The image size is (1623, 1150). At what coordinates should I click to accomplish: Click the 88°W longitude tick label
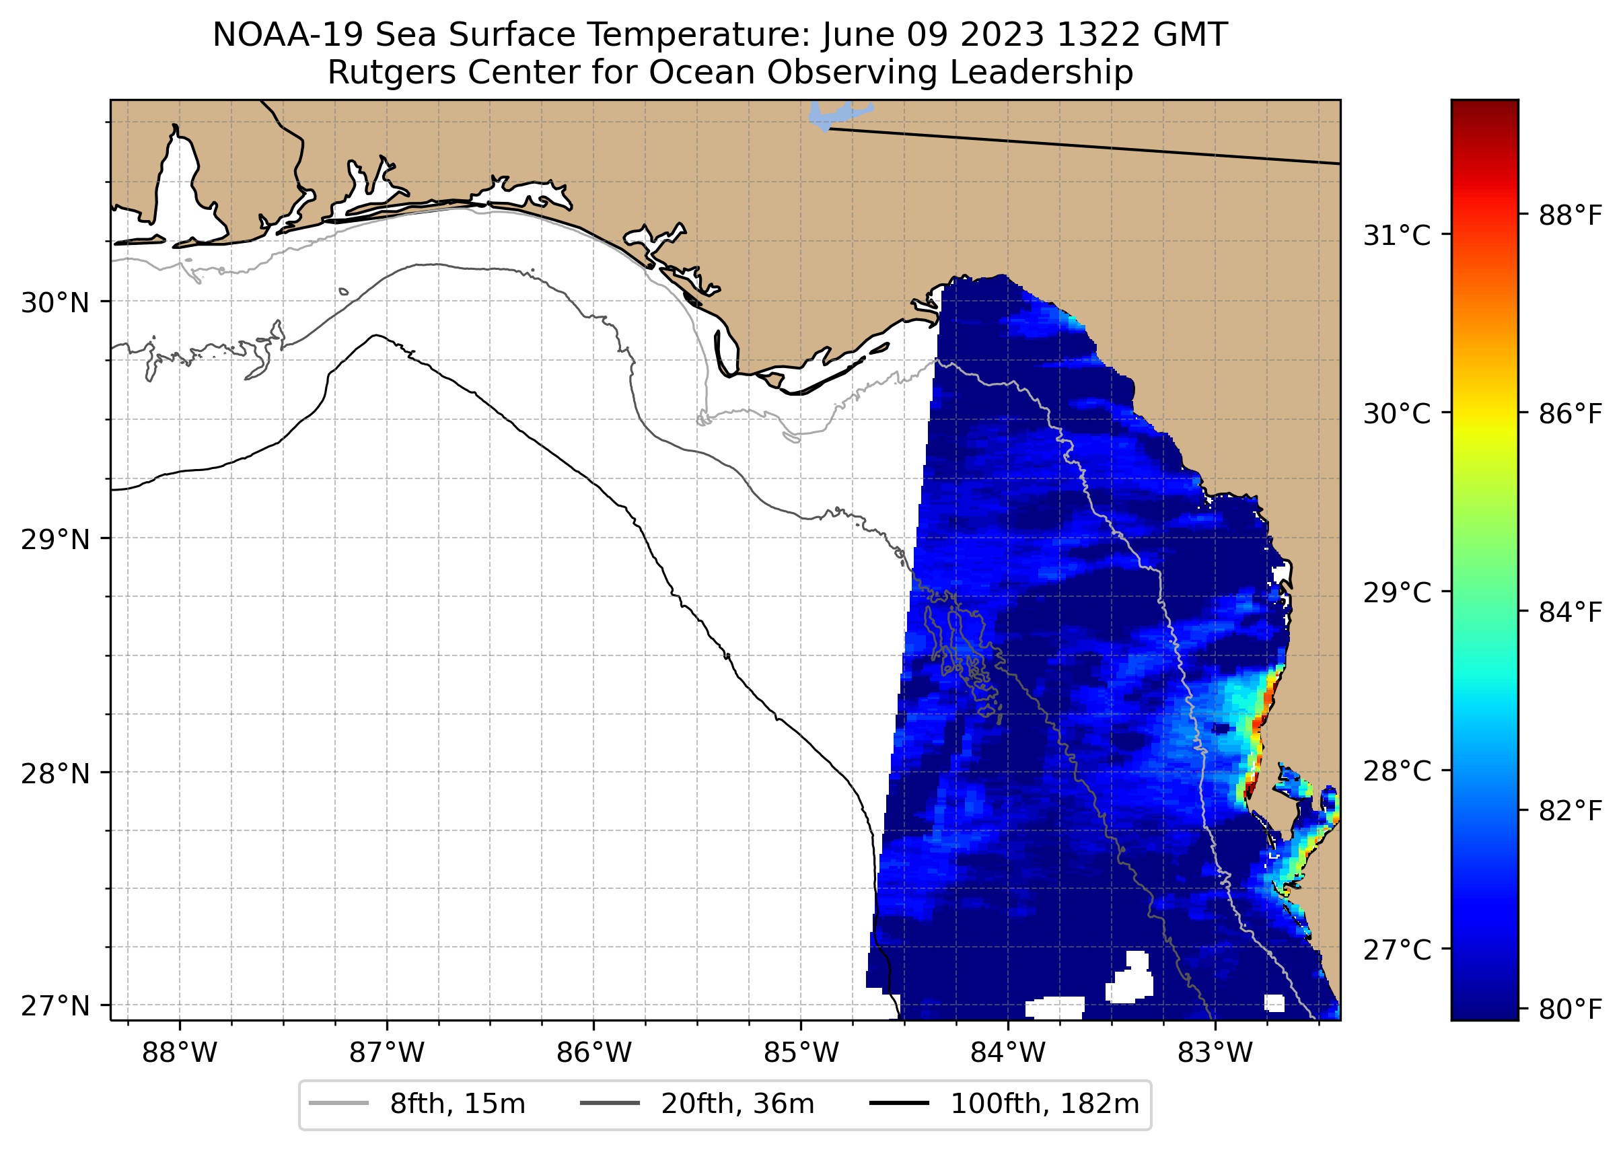pyautogui.click(x=179, y=1053)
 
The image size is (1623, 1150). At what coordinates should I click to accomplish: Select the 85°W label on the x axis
pyautogui.click(x=801, y=1053)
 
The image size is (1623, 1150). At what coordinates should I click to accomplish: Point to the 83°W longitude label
pyautogui.click(x=1215, y=1053)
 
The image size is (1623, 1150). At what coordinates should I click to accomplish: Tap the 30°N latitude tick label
pyautogui.click(x=55, y=303)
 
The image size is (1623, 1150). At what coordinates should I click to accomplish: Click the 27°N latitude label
pyautogui.click(x=55, y=1005)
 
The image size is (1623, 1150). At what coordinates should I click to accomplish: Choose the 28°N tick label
pyautogui.click(x=55, y=773)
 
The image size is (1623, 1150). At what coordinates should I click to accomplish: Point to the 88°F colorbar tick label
pyautogui.click(x=1570, y=215)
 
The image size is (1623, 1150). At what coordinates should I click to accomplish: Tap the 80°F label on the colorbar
pyautogui.click(x=1570, y=1009)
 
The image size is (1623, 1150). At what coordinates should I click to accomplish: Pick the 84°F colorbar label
pyautogui.click(x=1570, y=612)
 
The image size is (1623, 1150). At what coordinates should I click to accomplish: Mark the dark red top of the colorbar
pyautogui.click(x=1484, y=110)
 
